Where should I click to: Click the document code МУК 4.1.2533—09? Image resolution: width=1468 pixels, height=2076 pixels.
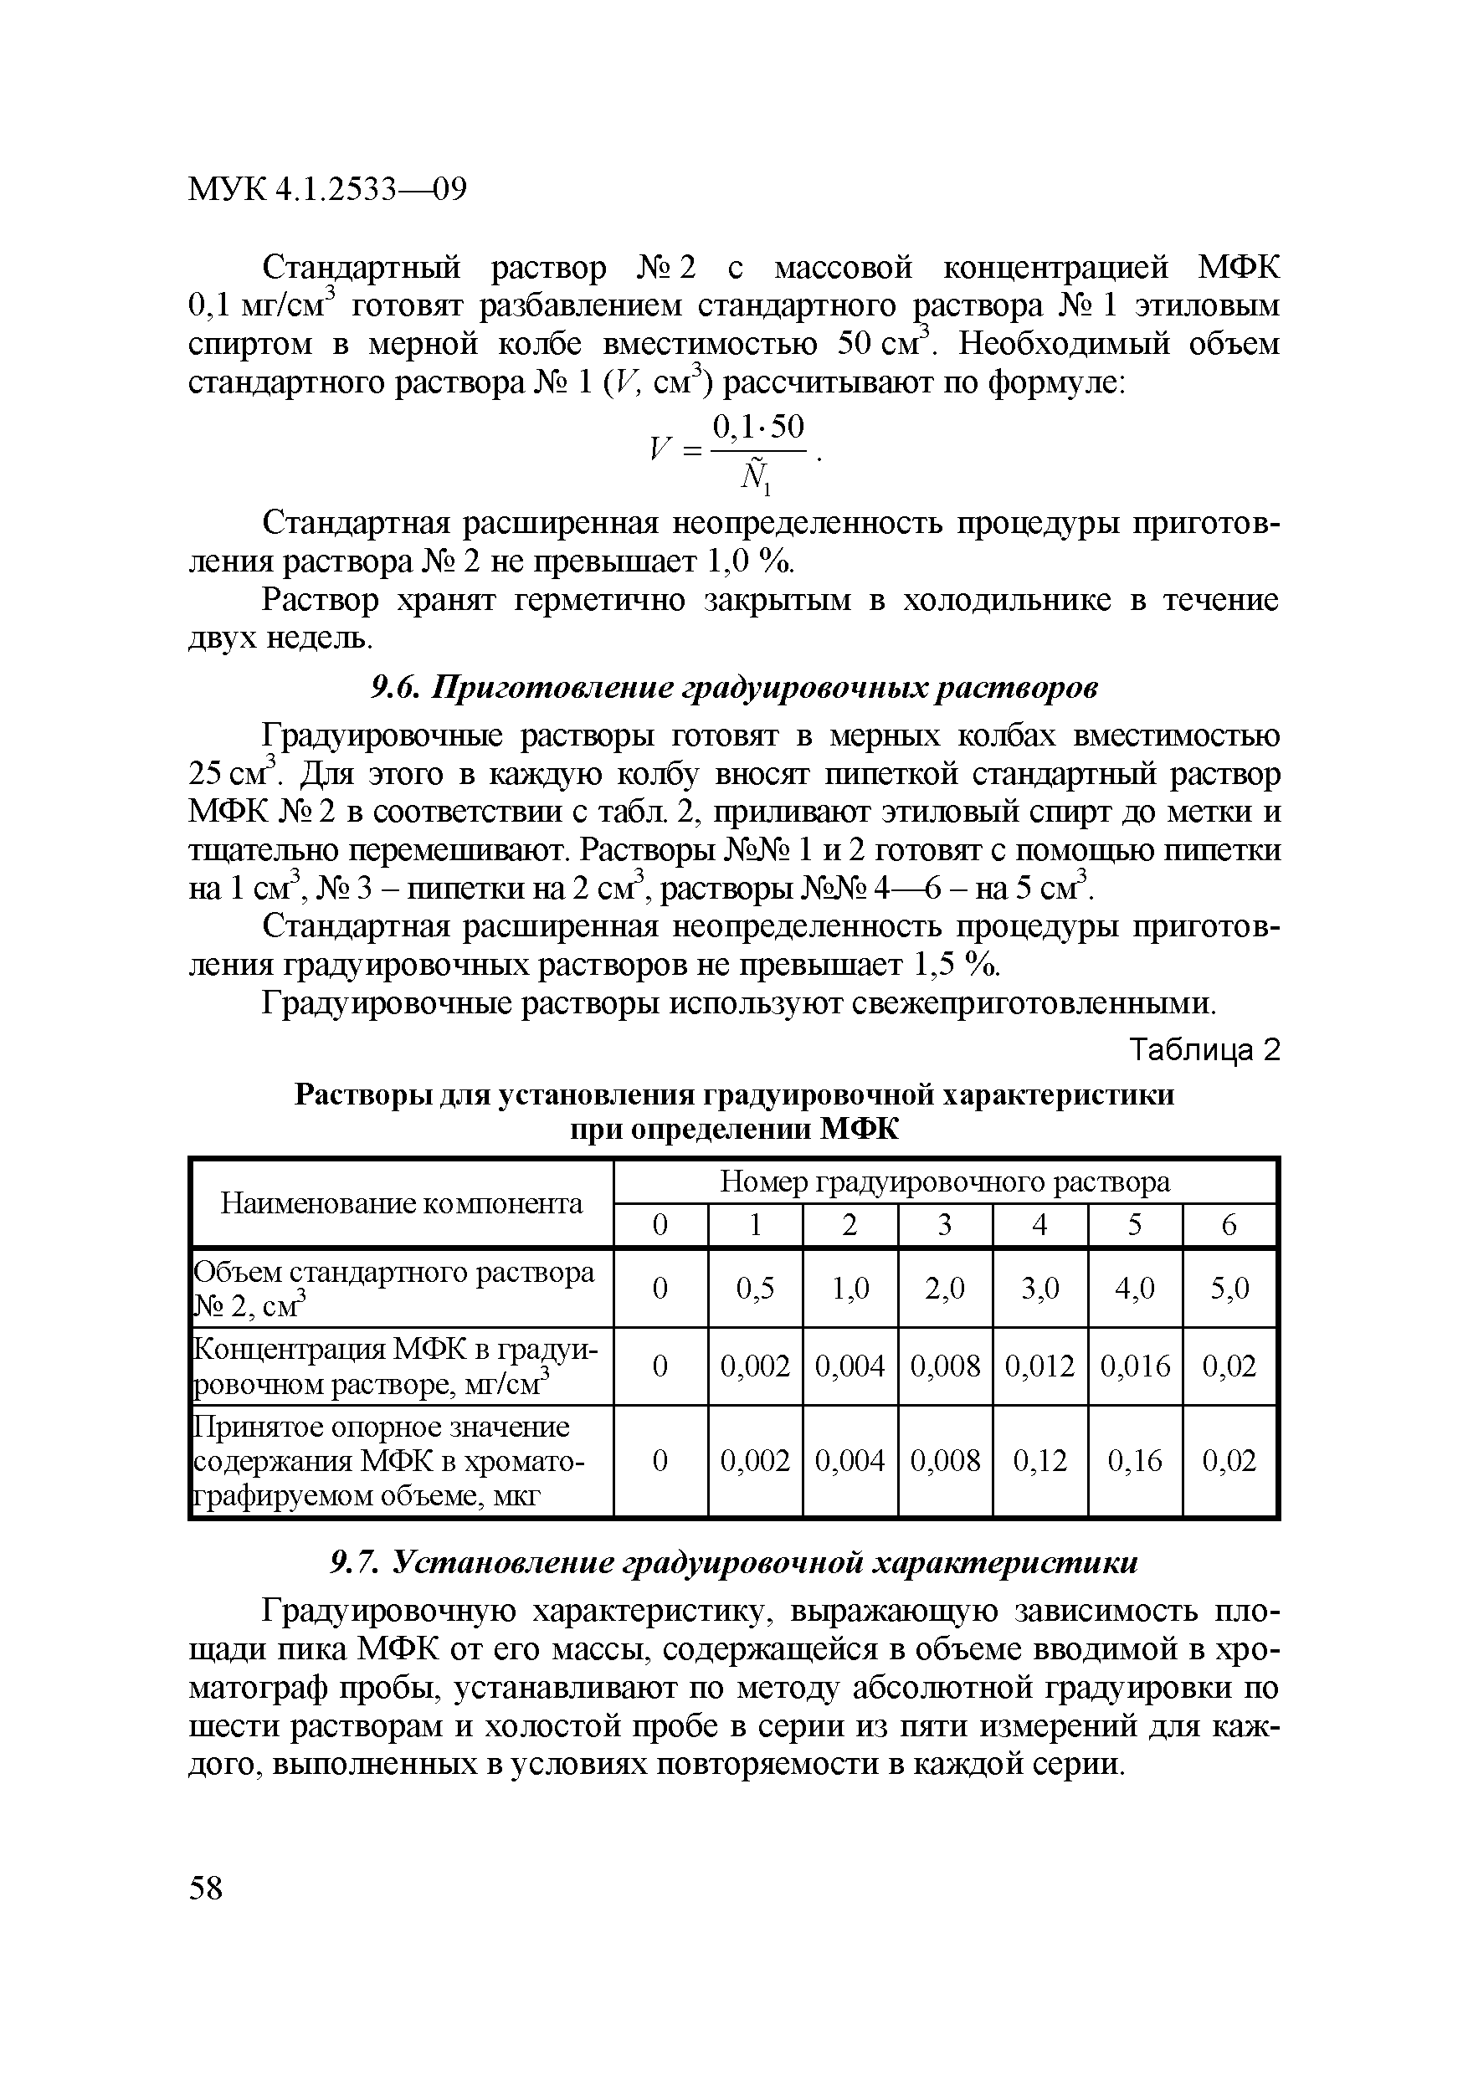[x=326, y=190]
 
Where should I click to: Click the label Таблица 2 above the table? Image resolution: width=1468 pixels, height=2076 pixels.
[x=1205, y=1051]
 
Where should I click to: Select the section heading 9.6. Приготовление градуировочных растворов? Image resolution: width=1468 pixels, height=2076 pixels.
[x=735, y=687]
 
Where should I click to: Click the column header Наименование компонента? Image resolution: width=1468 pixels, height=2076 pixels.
[x=402, y=1203]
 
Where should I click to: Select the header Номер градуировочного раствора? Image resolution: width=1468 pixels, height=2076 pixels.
[x=944, y=1182]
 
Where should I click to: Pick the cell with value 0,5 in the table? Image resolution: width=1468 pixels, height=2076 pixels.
[x=754, y=1288]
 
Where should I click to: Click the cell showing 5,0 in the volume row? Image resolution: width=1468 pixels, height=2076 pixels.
[x=1229, y=1288]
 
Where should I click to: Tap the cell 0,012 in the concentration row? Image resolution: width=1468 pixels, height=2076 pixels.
[x=1039, y=1366]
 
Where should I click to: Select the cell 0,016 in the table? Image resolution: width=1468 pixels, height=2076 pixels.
[x=1134, y=1366]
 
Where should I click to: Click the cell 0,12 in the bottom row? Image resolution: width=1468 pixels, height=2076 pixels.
[x=1039, y=1460]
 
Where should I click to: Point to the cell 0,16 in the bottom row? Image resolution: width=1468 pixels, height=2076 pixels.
[x=1134, y=1460]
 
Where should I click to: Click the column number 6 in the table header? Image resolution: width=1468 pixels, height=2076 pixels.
[x=1229, y=1225]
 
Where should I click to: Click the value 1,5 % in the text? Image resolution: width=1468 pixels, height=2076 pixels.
[x=957, y=966]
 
